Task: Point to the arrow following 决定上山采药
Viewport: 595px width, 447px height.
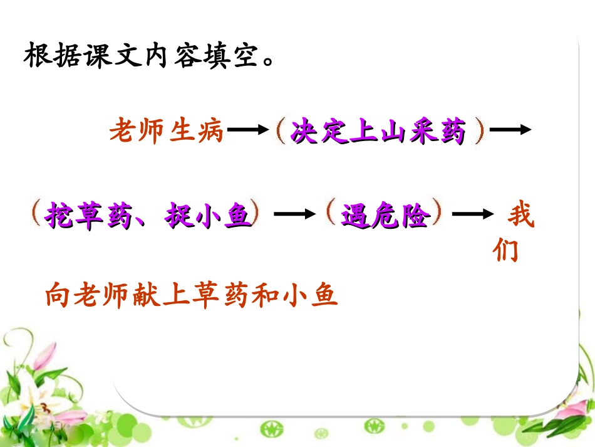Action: pos(510,130)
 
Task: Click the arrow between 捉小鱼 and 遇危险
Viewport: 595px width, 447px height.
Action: pos(294,214)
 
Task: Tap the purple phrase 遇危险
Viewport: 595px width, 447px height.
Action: pos(385,216)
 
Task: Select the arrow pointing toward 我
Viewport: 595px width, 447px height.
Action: pos(473,214)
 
